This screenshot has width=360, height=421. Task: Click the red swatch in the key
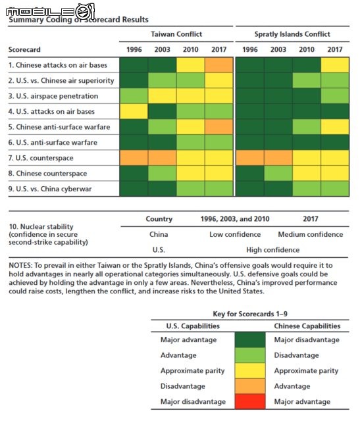250,401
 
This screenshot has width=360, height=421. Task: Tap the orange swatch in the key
250,386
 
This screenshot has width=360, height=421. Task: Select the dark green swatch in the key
250,340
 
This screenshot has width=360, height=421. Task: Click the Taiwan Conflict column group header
176,34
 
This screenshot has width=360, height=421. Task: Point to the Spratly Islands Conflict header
292,34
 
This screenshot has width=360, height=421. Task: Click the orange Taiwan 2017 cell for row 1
219,65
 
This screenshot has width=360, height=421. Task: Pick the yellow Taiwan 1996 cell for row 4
134,111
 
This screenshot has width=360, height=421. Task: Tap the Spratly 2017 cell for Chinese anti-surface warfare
335,127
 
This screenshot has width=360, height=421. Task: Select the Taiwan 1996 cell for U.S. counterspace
134,158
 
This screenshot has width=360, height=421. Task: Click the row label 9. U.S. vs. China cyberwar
50,189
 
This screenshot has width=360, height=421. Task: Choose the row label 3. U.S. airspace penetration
53,96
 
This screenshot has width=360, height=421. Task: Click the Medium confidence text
311,234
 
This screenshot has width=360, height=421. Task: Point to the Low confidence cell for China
235,234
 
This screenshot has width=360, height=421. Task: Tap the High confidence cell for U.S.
272,250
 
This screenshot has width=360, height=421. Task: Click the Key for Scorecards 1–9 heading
250,314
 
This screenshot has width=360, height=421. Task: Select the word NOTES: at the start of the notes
20,265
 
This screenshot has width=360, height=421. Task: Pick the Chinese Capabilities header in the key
307,326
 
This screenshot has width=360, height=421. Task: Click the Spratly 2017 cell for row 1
335,65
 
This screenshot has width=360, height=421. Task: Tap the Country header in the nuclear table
159,219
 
